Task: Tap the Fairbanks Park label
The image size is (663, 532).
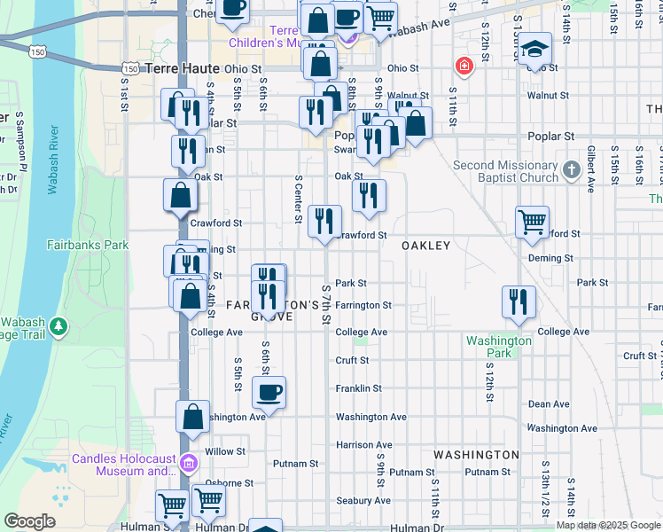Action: tap(88, 245)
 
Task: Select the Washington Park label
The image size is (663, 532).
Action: tap(499, 347)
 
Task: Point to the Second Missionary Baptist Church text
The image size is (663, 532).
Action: tap(505, 171)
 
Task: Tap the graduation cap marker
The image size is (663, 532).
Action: tap(534, 48)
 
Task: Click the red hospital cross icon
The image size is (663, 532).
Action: tap(462, 66)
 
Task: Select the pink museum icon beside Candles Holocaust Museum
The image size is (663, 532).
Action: tap(188, 464)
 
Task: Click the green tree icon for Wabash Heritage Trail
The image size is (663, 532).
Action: tap(59, 326)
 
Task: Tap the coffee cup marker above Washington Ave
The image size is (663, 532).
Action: tap(269, 391)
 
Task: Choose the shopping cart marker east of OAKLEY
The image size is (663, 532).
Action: tap(532, 222)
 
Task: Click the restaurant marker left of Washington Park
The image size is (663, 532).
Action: tap(519, 301)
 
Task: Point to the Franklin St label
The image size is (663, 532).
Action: tap(358, 388)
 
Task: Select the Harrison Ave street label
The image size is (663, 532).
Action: tap(363, 445)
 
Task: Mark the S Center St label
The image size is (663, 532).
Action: tap(299, 199)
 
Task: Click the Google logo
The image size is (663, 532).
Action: tap(29, 521)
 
